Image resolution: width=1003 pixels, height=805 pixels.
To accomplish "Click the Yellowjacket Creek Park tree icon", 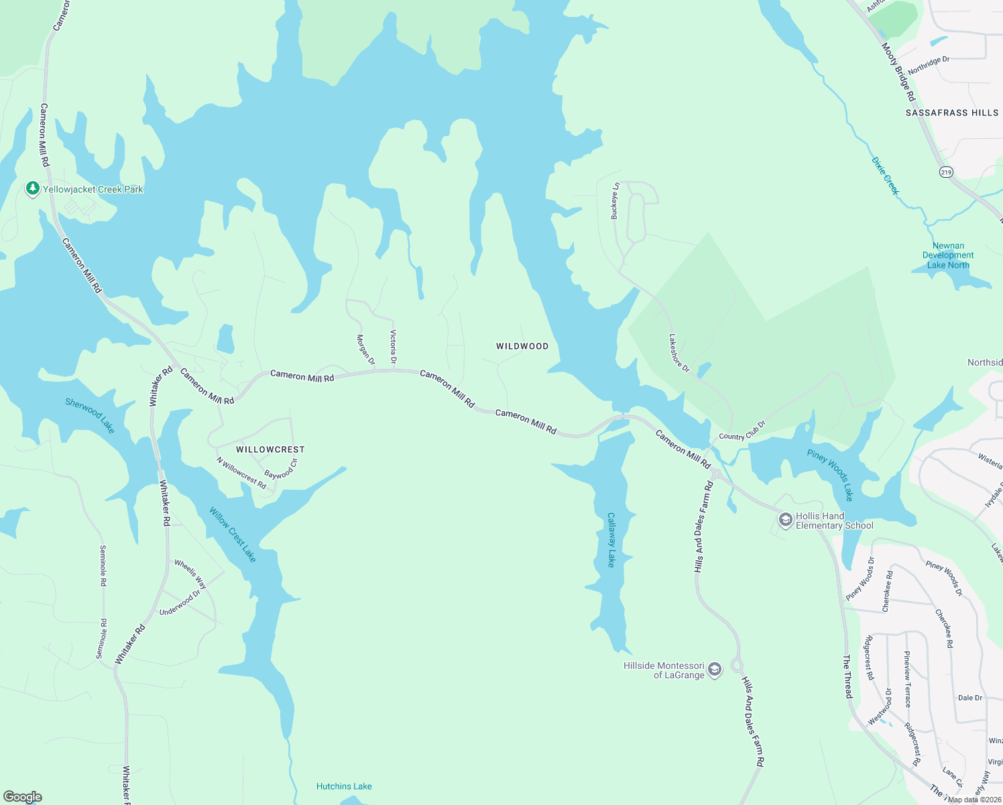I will click(x=32, y=189).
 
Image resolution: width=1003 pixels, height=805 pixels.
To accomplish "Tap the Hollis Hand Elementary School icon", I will click(x=785, y=520).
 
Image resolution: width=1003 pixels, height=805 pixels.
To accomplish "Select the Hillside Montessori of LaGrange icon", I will click(x=715, y=669).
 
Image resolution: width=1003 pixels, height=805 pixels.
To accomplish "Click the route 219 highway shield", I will click(x=946, y=172).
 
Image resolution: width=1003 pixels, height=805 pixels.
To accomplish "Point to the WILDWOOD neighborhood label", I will click(x=522, y=346).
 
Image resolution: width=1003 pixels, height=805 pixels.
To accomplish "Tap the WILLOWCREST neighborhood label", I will click(x=270, y=449).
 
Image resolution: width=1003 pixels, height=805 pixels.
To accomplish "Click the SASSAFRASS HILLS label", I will click(x=952, y=113).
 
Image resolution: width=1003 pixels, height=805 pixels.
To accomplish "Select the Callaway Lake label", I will click(x=611, y=540).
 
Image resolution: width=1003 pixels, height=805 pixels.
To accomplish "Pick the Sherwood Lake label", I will click(x=90, y=415).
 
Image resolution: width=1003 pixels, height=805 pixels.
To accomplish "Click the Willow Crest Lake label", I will click(x=233, y=535).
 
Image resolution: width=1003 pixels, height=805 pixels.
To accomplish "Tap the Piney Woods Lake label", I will click(x=831, y=475).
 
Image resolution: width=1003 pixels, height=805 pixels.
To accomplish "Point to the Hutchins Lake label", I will click(x=344, y=786).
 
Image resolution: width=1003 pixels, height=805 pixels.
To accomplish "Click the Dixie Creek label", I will click(x=885, y=175).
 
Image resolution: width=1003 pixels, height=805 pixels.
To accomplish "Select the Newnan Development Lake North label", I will click(x=948, y=256).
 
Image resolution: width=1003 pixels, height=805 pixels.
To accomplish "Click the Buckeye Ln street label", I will click(x=615, y=201).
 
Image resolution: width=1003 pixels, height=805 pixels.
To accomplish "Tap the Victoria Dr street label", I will click(x=394, y=347).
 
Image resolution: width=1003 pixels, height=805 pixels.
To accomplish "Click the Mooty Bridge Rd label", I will click(x=898, y=72).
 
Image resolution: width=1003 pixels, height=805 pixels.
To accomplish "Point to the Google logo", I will click(x=23, y=797).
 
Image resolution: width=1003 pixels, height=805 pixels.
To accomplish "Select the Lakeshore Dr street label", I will click(x=679, y=354).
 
